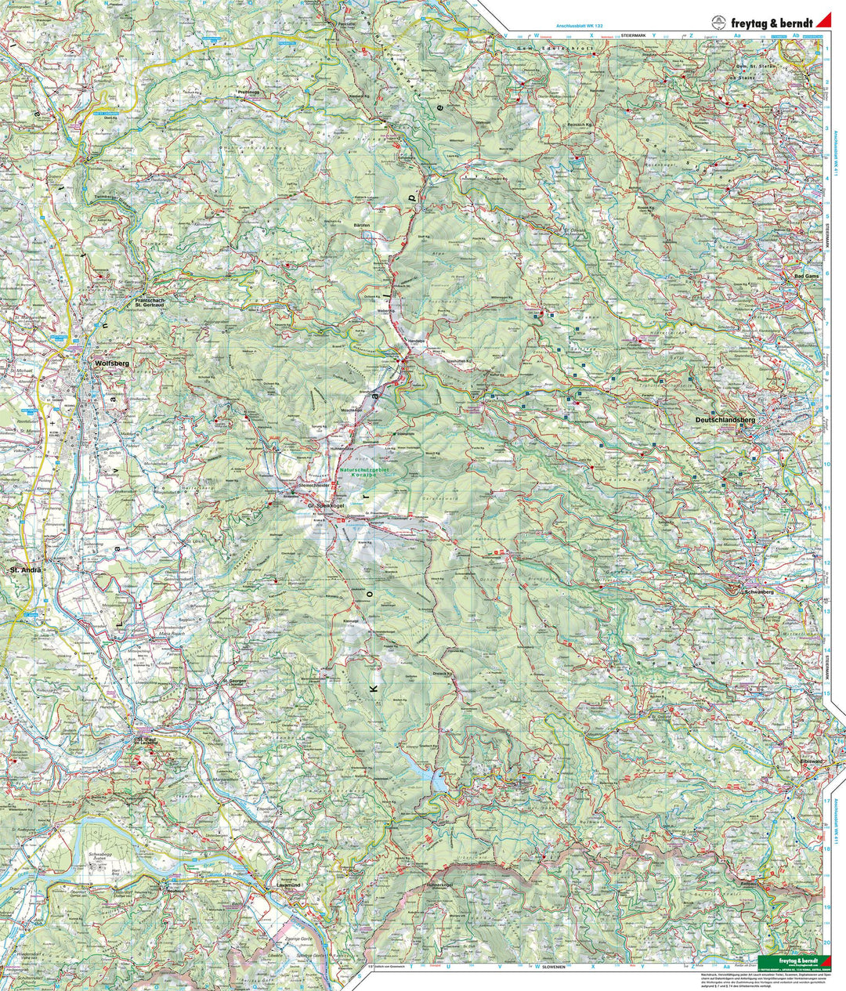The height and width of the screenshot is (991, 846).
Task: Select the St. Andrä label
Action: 24,570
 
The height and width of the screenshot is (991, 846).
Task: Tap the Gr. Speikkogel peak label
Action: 327,506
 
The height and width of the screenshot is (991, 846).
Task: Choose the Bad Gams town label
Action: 806,277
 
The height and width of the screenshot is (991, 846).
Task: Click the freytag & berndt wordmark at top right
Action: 772,23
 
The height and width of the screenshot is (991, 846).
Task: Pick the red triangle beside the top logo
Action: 823,22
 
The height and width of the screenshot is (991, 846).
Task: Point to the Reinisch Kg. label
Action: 580,125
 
